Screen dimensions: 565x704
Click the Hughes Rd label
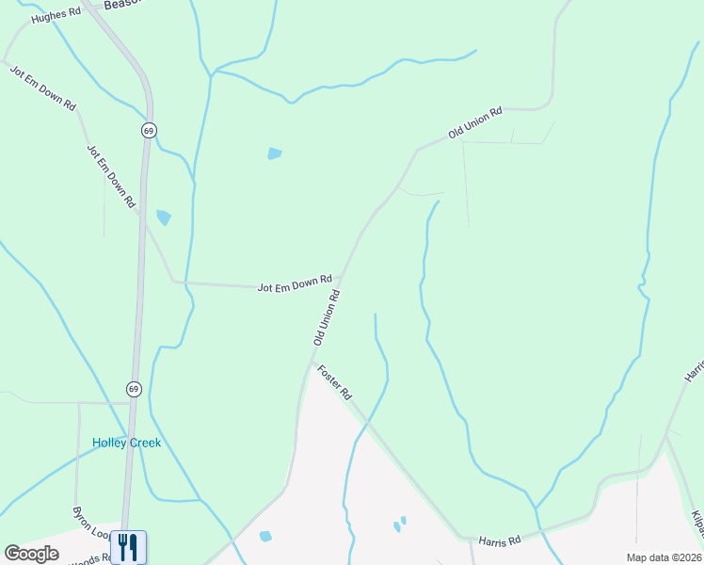56,17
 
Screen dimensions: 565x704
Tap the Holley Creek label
126,443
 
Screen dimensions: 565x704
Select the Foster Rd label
334,380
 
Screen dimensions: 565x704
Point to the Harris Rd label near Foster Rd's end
500,541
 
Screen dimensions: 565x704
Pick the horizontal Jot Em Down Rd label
295,282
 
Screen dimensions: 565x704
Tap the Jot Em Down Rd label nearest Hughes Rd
42,89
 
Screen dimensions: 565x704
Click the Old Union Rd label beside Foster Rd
327,316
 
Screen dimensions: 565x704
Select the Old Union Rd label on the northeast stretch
475,122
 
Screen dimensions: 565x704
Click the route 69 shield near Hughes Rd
149,130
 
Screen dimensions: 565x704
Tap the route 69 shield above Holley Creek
134,388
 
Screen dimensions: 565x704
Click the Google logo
31,554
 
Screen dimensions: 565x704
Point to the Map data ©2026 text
663,557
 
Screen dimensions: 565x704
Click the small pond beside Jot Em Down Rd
164,218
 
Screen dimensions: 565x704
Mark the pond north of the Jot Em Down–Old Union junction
274,153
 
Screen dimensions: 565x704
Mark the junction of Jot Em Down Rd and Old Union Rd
339,281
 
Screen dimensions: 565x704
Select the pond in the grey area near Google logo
265,536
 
